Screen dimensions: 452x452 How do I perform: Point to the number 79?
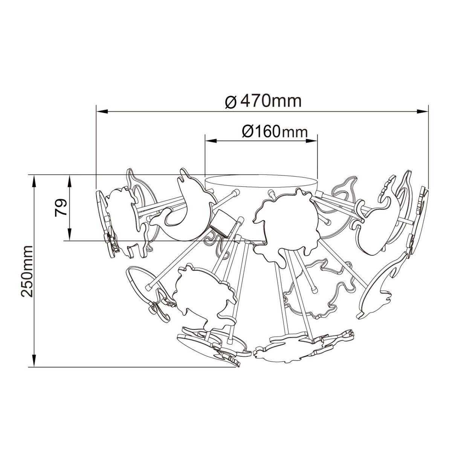coord(61,208)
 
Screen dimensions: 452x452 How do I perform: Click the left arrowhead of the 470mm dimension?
coord(102,111)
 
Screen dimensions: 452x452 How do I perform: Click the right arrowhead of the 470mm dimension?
coord(423,111)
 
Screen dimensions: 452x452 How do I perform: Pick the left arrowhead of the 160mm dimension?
coord(211,141)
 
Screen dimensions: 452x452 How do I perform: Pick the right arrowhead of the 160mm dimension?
coord(312,141)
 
